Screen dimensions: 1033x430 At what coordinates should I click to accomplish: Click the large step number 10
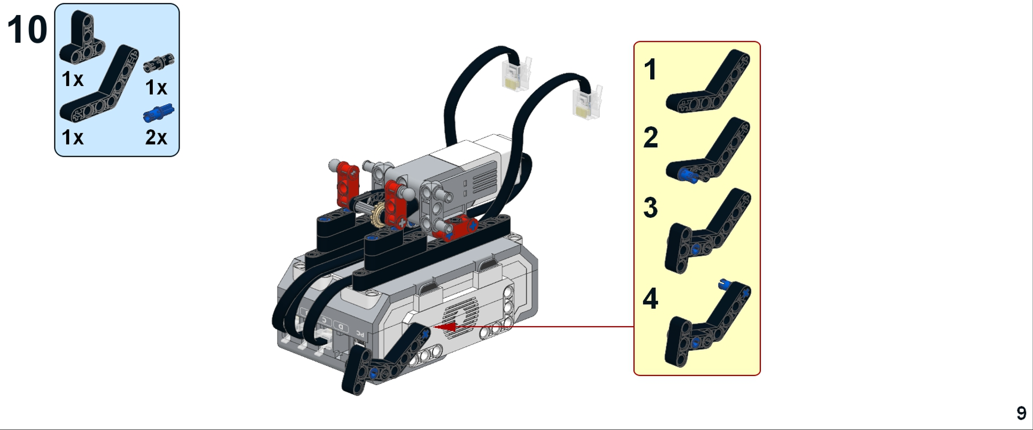(27, 29)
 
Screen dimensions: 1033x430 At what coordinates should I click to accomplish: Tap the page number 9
(1021, 413)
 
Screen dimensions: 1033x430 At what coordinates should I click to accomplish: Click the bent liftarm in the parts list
(99, 83)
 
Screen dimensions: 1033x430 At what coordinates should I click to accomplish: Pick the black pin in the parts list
(159, 63)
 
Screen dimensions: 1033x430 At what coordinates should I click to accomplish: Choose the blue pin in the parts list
(159, 113)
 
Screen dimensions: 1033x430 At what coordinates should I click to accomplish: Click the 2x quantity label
(156, 137)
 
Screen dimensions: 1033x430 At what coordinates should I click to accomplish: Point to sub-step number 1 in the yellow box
(650, 70)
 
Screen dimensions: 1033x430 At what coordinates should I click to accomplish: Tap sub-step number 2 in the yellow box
(651, 137)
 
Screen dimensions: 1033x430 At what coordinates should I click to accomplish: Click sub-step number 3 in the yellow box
(651, 208)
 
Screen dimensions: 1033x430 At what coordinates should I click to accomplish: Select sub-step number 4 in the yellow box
(651, 298)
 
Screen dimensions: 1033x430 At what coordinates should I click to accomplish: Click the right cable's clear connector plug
(587, 102)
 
